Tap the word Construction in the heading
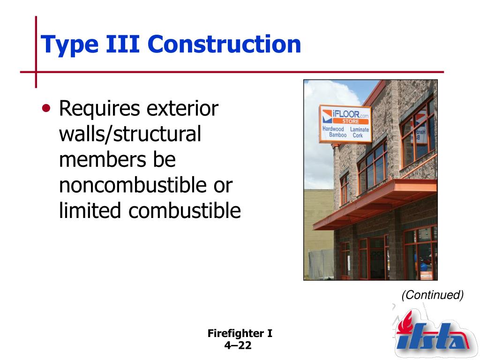(x=224, y=44)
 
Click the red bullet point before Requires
(x=46, y=109)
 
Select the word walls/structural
(x=130, y=135)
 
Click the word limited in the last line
(x=90, y=211)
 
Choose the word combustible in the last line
(x=185, y=211)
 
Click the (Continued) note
(x=432, y=295)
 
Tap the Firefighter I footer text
(x=240, y=334)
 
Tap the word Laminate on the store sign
(x=360, y=129)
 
